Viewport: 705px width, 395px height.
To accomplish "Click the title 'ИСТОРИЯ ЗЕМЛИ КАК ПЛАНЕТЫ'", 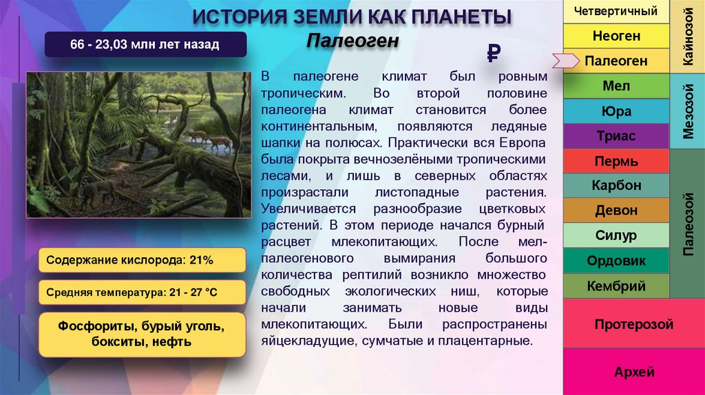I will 352,17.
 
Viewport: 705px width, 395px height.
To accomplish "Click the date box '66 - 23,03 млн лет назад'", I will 145,45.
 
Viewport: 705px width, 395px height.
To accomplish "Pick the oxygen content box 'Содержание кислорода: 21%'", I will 142,260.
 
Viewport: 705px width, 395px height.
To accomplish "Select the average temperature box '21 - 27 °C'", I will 142,292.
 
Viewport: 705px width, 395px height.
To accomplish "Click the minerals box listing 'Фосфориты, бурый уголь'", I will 142,333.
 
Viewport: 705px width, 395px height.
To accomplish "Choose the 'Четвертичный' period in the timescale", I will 615,11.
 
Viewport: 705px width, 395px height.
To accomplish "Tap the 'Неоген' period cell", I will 615,35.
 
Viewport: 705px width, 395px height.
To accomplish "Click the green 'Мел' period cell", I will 615,86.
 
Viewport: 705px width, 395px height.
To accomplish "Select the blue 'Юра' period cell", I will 615,111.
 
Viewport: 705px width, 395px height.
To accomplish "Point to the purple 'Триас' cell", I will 615,136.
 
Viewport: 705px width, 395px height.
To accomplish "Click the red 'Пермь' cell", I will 615,162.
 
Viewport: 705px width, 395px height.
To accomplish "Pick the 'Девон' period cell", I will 615,211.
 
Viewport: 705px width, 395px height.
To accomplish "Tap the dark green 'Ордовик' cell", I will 615,261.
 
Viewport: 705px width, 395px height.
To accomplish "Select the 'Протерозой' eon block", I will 633,324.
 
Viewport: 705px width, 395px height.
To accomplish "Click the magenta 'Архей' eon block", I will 633,372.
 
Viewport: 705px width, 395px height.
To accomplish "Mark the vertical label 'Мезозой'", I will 687,111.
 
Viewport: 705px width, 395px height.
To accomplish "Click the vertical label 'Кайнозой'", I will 687,36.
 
